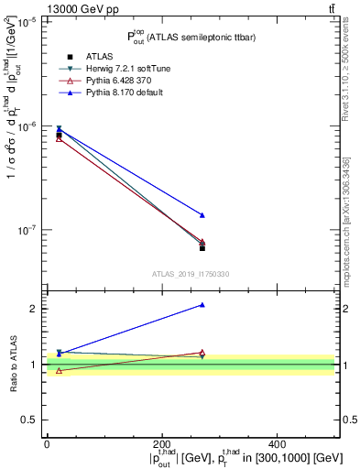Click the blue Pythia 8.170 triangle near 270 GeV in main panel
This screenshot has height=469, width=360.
[x=202, y=215]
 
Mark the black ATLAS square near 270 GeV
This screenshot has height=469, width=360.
[x=202, y=248]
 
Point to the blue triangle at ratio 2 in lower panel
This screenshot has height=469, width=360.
[x=202, y=305]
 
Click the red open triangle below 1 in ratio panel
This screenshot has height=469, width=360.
[x=59, y=371]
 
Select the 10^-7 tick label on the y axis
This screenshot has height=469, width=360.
[x=27, y=230]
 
